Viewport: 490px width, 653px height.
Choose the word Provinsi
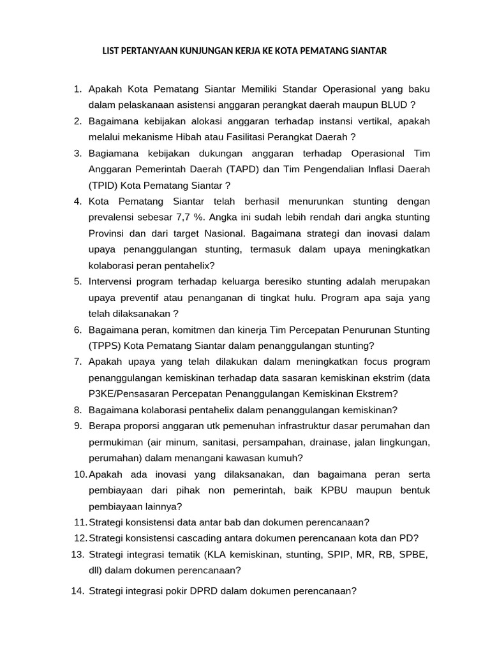[108, 233]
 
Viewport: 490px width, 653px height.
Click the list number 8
[78, 410]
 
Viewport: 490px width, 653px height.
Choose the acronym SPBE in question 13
[412, 554]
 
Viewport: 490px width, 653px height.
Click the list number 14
[77, 591]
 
